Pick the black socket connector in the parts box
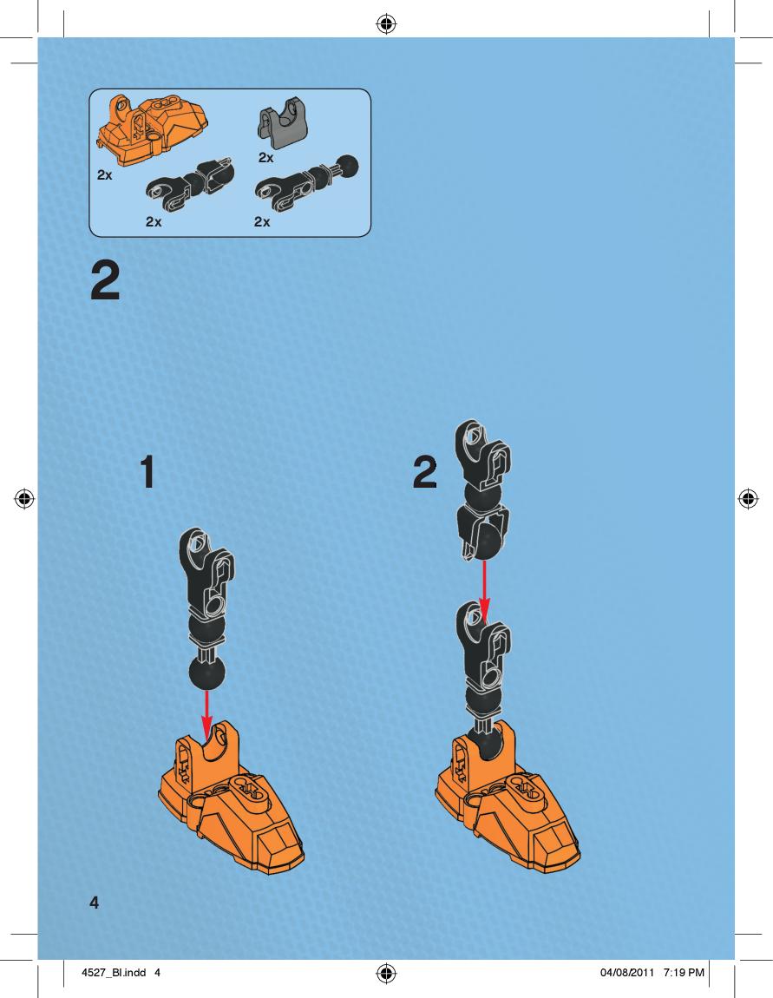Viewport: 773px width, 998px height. pos(190,184)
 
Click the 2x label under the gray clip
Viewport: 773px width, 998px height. pos(266,157)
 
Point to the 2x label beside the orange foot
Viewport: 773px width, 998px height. pos(104,174)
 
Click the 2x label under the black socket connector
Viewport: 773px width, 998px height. pos(154,221)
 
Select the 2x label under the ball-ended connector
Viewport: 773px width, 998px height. pos(262,221)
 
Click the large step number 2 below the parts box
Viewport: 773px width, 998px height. pos(105,282)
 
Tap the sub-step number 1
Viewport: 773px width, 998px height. pos(147,471)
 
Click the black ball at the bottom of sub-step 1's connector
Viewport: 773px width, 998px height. pos(206,673)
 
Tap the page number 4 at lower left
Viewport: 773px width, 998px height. pos(95,902)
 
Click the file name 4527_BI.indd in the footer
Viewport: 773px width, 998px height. pos(114,973)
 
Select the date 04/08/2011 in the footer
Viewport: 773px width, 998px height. pos(626,973)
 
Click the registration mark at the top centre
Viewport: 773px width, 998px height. pos(386,25)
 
